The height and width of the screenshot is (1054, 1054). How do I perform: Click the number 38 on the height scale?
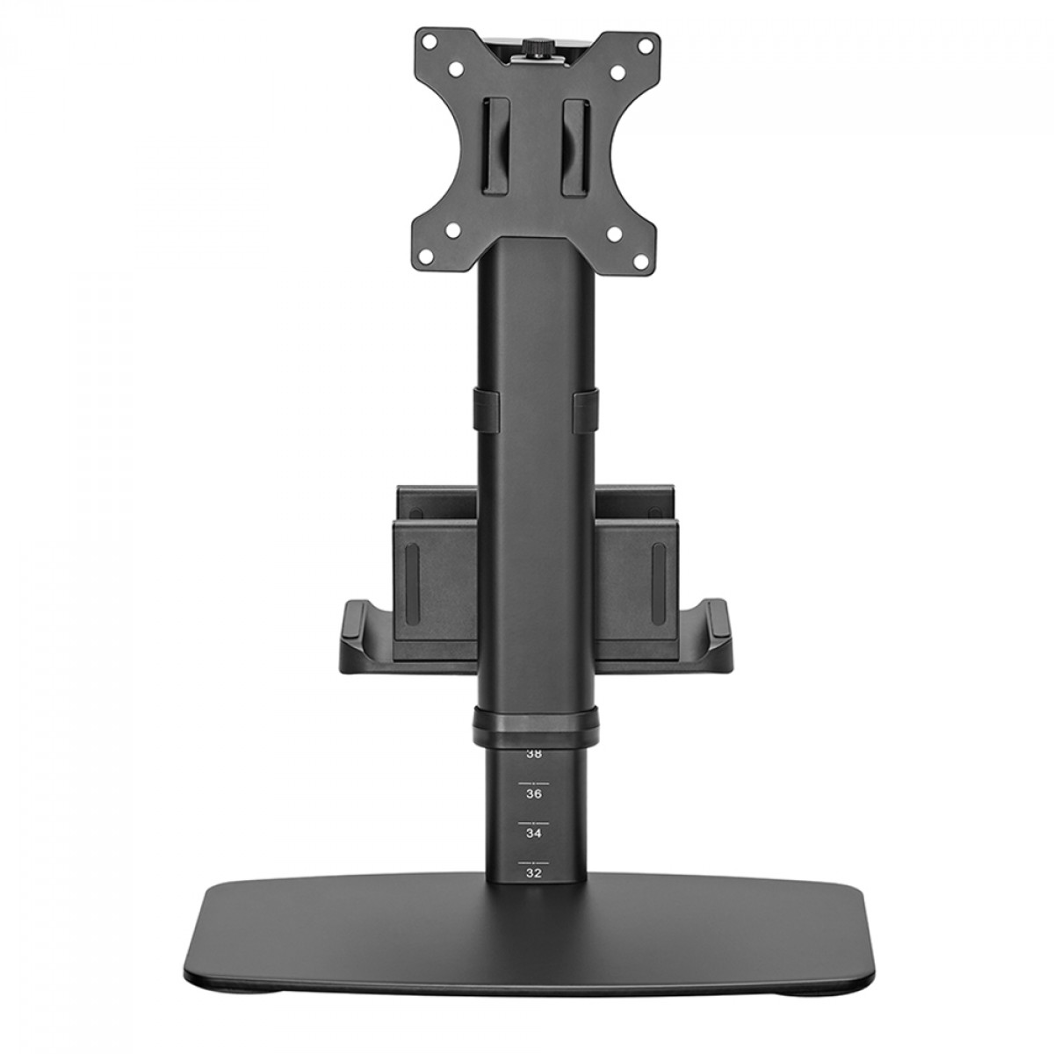pos(533,753)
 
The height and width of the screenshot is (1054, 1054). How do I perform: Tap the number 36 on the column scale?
pos(533,793)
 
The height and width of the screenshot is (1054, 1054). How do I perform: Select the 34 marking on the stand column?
pos(533,831)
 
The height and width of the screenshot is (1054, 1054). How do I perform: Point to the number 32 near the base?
pos(533,873)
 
